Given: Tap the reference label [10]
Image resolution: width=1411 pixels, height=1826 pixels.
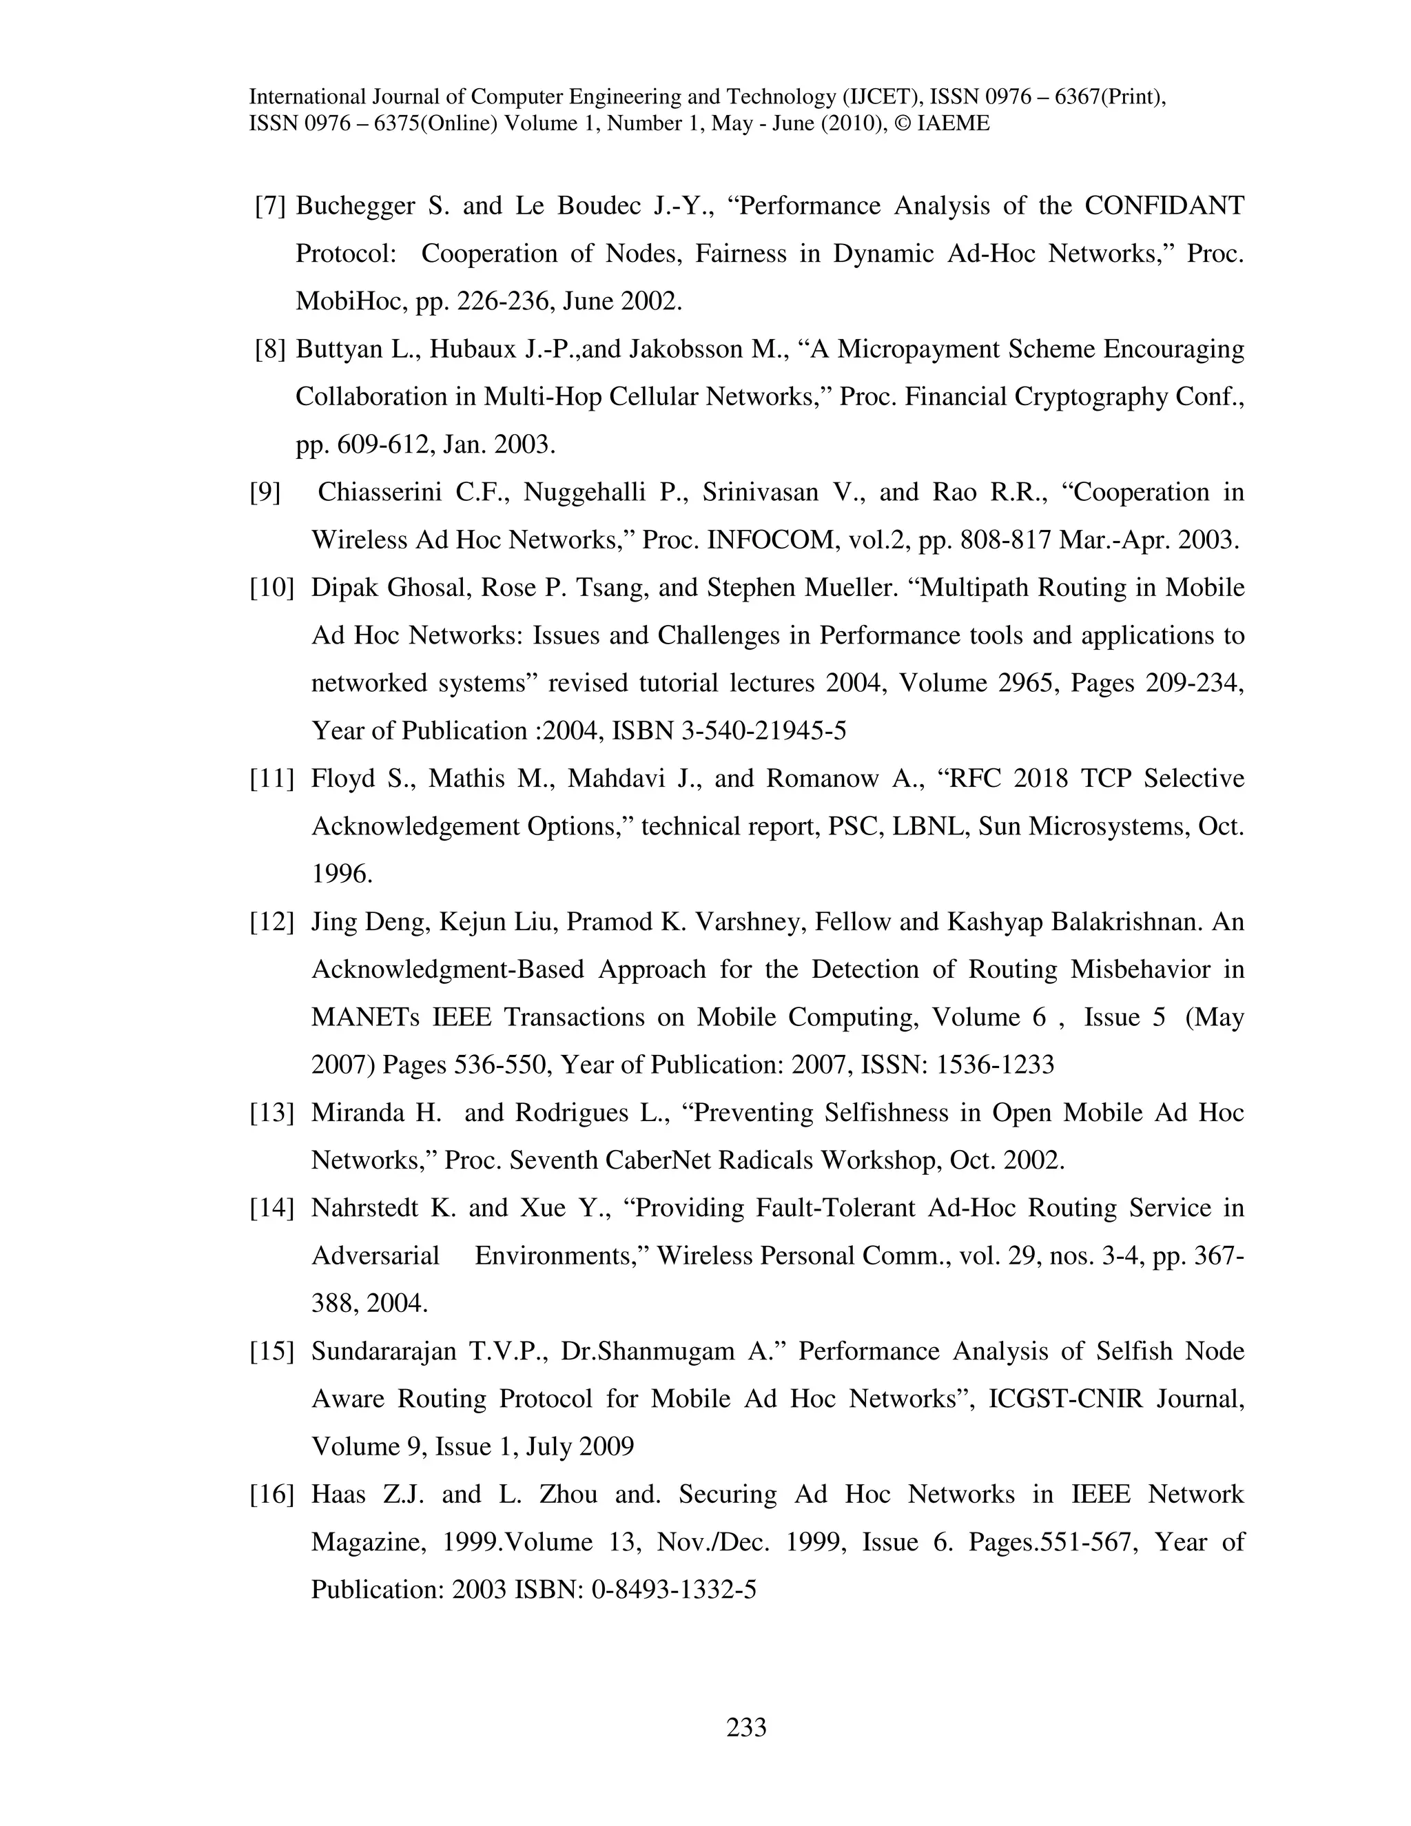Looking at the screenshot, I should tap(271, 588).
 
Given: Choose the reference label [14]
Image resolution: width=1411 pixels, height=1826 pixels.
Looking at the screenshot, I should tap(271, 1208).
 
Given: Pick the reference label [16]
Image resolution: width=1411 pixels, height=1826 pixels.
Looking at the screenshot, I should tap(271, 1495).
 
